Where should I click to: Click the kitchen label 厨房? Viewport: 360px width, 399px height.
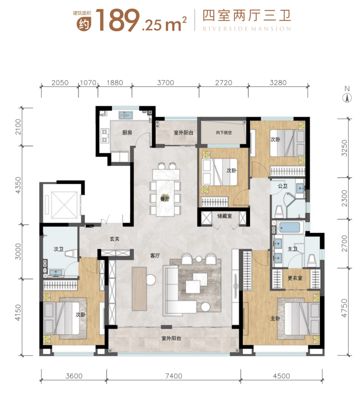pos(127,133)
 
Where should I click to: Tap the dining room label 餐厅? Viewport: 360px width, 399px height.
pos(165,199)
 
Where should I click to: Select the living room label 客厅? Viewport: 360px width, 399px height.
pos(155,256)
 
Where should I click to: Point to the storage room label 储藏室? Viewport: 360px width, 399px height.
pos(224,216)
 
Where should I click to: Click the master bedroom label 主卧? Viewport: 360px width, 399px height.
pos(275,318)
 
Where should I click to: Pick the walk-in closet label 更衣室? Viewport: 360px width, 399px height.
pos(295,278)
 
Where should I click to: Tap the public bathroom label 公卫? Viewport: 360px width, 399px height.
pos(283,186)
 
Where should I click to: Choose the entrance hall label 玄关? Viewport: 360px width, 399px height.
pos(115,239)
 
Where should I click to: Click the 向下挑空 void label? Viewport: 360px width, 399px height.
pos(224,133)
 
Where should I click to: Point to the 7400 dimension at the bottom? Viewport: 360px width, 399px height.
pos(174,376)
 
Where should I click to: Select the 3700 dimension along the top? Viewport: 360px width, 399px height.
pos(165,83)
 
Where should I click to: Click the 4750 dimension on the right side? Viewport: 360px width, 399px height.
pos(344,308)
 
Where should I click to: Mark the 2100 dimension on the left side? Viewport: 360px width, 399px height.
pos(18,127)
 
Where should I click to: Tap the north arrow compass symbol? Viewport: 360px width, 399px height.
pos(347,98)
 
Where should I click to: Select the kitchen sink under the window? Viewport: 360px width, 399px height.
pos(125,115)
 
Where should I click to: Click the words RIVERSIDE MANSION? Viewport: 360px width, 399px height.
pos(247,29)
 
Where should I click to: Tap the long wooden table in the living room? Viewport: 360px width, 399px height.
pos(139,289)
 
